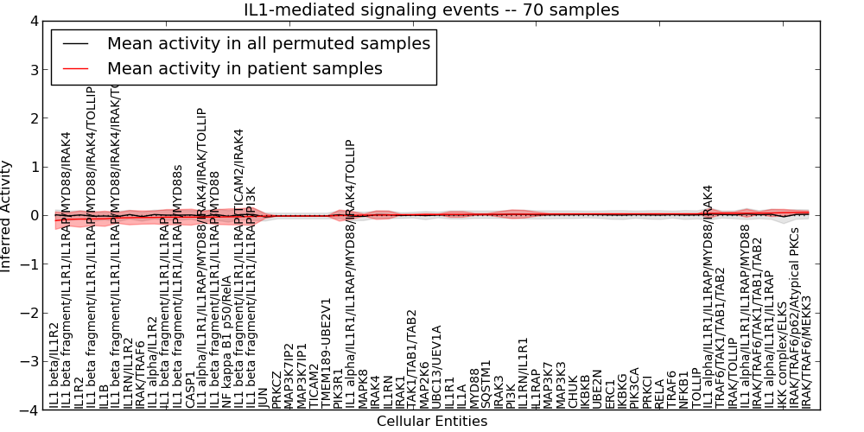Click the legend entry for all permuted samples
click(268, 43)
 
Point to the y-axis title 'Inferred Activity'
click(7, 216)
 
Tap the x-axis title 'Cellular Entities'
click(432, 422)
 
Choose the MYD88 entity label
click(474, 387)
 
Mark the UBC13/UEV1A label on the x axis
click(437, 367)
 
